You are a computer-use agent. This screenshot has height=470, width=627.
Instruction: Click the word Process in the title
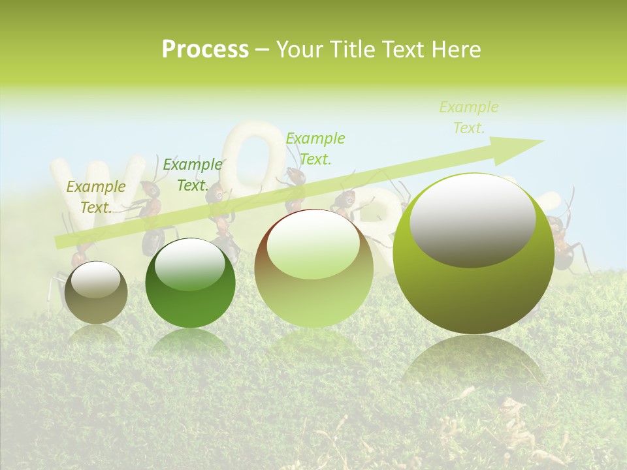(205, 50)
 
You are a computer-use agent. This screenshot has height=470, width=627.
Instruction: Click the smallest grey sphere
(96, 292)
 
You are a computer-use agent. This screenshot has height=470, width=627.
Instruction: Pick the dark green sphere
(190, 283)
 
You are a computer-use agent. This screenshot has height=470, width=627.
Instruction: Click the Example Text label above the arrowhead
(469, 117)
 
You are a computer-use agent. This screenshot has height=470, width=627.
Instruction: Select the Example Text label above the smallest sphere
(96, 197)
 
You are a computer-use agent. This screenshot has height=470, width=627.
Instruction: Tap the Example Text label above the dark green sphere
(193, 175)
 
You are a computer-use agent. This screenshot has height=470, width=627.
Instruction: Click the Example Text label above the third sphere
(315, 148)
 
